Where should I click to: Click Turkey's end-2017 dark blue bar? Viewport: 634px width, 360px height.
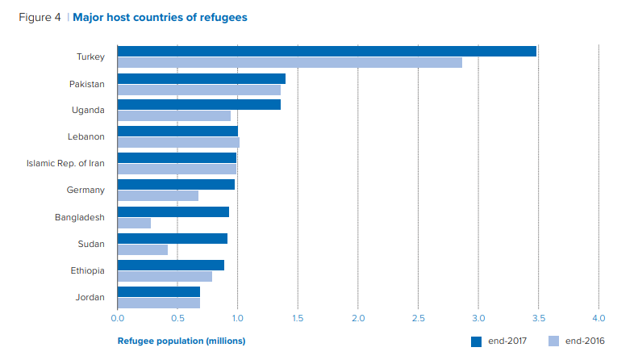click(x=327, y=52)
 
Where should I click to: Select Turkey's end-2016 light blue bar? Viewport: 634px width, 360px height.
click(x=290, y=63)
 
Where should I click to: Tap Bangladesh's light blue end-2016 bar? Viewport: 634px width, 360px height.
click(x=134, y=223)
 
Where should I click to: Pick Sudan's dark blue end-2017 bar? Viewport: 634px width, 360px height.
click(x=173, y=238)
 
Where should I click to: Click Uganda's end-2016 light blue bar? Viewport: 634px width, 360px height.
click(x=174, y=116)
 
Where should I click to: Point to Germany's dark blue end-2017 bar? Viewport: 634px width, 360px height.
click(x=176, y=185)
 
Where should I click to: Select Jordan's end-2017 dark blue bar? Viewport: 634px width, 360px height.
click(x=159, y=291)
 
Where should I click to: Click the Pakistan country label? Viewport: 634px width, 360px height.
click(x=87, y=84)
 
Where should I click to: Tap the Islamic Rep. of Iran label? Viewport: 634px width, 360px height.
click(x=65, y=163)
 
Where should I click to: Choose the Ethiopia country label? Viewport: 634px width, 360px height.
click(x=88, y=270)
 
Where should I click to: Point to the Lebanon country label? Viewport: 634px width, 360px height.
click(x=88, y=137)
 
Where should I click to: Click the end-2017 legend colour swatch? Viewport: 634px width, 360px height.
click(x=477, y=341)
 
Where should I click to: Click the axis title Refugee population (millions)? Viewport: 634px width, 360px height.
click(x=181, y=341)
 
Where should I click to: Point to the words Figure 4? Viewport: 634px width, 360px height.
click(x=40, y=17)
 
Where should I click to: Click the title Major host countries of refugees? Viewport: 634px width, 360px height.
click(x=160, y=17)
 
